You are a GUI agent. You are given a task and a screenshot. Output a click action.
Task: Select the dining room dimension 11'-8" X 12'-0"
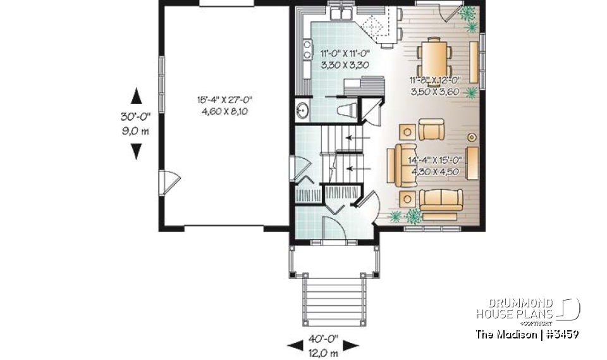pyautogui.click(x=435, y=81)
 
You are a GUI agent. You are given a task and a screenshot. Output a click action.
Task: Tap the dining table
pyautogui.click(x=434, y=56)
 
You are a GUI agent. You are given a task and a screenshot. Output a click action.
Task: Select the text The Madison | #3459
pyautogui.click(x=527, y=334)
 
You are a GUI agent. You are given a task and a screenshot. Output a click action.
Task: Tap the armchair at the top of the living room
pyautogui.click(x=432, y=131)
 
